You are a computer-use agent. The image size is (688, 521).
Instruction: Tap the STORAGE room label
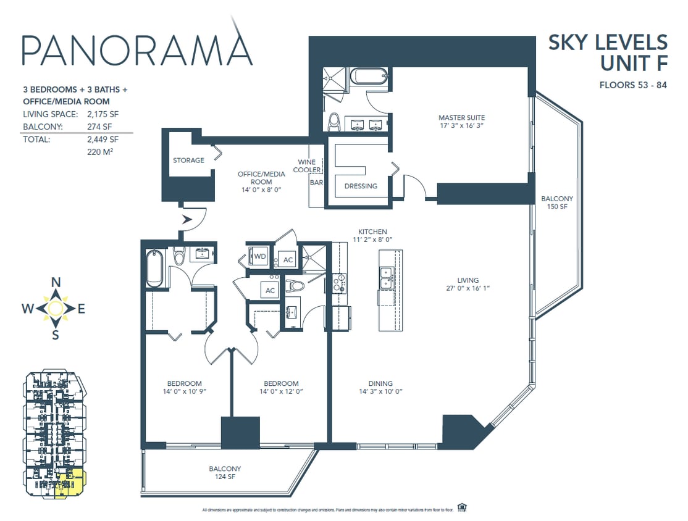(188, 160)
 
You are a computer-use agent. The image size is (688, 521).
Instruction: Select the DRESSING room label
(361, 186)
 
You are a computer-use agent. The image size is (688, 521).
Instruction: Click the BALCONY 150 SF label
(556, 202)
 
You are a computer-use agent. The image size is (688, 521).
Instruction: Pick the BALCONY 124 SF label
(225, 473)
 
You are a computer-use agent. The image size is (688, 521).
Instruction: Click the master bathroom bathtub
(369, 78)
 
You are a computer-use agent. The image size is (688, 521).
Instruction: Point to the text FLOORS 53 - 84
(633, 85)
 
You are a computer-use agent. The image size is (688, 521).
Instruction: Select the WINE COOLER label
(307, 166)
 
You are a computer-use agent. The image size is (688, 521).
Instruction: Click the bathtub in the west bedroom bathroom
(155, 268)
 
